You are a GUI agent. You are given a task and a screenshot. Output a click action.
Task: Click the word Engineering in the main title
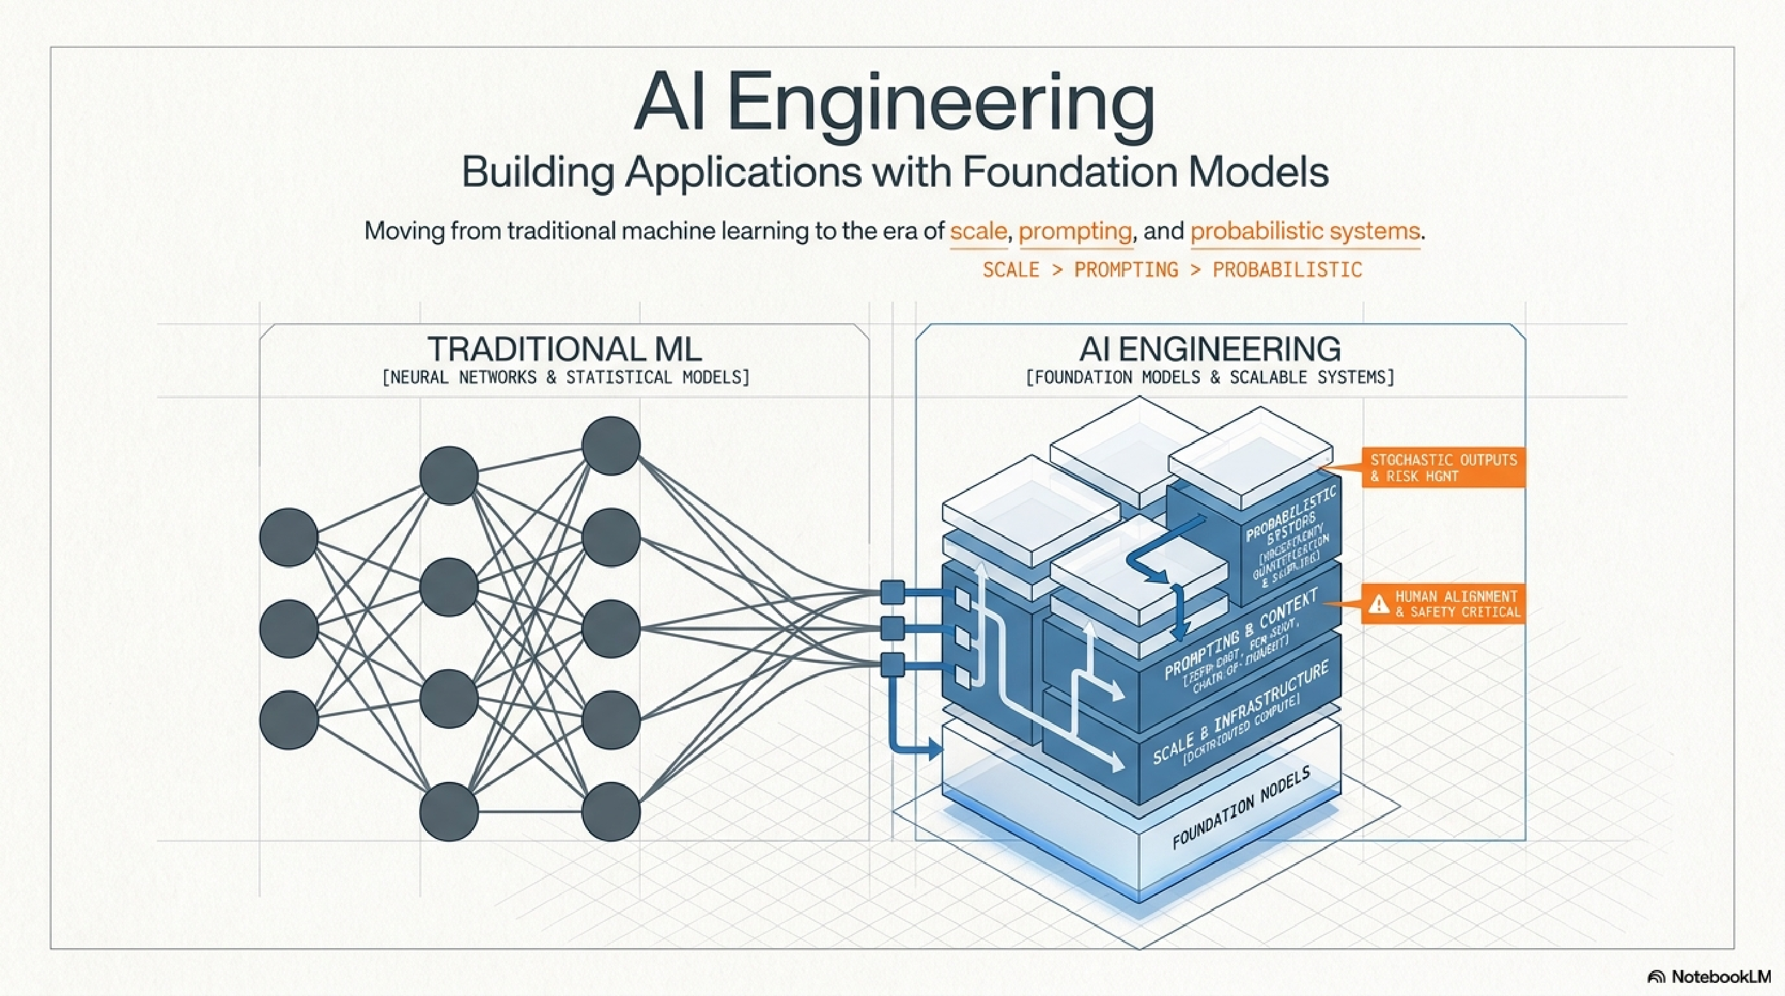click(x=940, y=106)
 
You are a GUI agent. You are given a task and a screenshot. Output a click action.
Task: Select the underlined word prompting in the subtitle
click(x=1075, y=231)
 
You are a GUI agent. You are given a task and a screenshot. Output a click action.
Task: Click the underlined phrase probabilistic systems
click(x=1305, y=231)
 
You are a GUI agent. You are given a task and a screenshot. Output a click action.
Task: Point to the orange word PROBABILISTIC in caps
click(x=1287, y=270)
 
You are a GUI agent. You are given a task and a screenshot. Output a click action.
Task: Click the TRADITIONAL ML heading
click(x=564, y=349)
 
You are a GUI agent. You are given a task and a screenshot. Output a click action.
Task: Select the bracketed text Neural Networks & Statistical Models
click(x=565, y=377)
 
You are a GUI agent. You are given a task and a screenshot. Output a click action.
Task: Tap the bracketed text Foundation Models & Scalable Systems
click(x=1209, y=377)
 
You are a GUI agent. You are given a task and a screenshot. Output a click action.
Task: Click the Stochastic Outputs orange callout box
click(x=1443, y=467)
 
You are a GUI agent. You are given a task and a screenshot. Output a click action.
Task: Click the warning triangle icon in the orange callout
click(x=1378, y=604)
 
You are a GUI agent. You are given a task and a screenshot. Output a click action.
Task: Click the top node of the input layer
click(x=288, y=537)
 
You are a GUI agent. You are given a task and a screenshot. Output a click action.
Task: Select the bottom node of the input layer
click(x=288, y=720)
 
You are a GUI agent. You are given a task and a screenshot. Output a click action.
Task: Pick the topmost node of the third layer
click(x=611, y=445)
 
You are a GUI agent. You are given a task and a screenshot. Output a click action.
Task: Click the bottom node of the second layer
click(x=449, y=811)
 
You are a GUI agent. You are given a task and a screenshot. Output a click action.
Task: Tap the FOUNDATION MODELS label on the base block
click(x=1240, y=807)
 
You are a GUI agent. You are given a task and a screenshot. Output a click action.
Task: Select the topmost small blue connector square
click(x=893, y=592)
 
